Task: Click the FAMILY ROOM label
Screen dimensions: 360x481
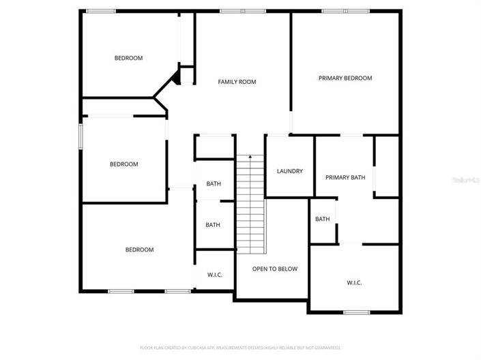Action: tap(237, 82)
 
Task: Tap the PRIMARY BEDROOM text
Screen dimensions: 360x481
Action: tap(345, 78)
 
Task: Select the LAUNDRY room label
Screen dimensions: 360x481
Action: tap(290, 171)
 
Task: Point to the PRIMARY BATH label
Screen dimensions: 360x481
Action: tap(345, 177)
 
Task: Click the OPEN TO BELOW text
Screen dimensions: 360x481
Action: tap(275, 269)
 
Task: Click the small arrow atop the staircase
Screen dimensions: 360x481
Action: tap(250, 157)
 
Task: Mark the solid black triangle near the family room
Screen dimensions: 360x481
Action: tap(175, 78)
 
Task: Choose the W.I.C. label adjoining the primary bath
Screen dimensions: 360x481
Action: tap(354, 282)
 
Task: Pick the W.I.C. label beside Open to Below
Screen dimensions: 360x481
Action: tap(215, 275)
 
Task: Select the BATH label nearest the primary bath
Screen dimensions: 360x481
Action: tap(323, 219)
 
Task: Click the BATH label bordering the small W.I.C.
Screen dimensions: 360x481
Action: tap(214, 225)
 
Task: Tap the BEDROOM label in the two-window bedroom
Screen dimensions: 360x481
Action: tap(139, 250)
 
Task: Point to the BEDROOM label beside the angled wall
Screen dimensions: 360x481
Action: tap(128, 58)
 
